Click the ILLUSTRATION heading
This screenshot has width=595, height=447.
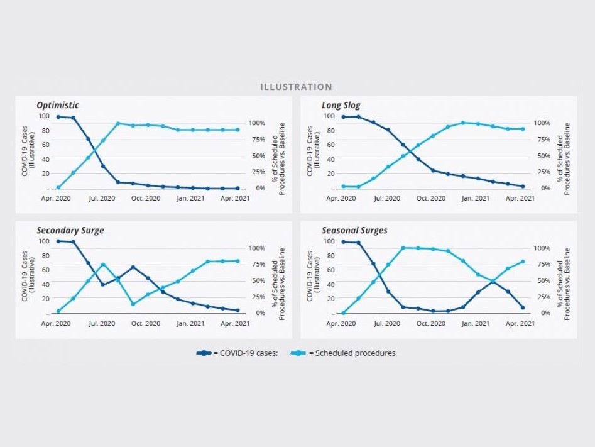[296, 87]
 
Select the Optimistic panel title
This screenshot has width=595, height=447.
[58, 105]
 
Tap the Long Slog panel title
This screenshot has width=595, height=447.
[341, 105]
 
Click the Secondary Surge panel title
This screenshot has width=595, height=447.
[70, 230]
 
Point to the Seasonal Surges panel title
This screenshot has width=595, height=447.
[354, 230]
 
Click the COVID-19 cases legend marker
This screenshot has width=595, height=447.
[204, 353]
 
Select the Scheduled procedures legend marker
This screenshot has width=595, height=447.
[299, 353]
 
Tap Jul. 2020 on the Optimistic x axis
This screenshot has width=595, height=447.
[102, 199]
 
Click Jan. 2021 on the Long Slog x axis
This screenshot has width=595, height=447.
[476, 199]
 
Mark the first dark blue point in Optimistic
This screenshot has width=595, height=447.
[58, 117]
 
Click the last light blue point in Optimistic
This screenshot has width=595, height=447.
[237, 130]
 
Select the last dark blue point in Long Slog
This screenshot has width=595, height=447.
[523, 186]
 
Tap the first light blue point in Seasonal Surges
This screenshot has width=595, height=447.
[343, 313]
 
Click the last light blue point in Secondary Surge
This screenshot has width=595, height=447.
[237, 261]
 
